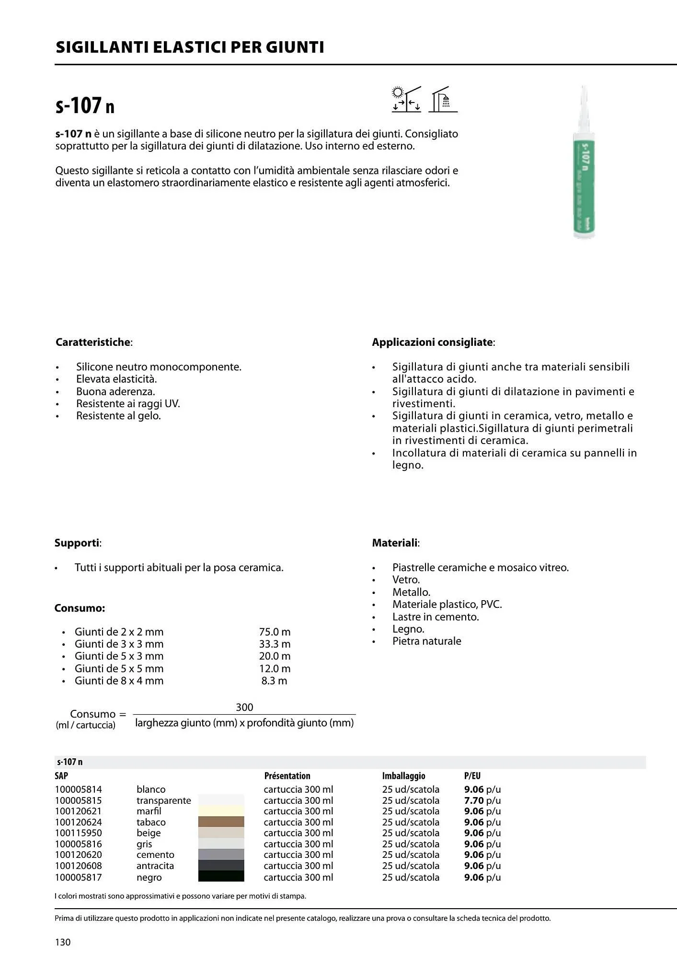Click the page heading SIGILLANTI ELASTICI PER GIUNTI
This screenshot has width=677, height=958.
(190, 47)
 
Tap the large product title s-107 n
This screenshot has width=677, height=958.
(85, 106)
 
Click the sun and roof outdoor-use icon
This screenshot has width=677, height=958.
(406, 99)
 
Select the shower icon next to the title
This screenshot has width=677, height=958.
(443, 100)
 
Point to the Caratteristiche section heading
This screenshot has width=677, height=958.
(93, 342)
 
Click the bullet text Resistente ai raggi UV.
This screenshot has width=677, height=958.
(128, 403)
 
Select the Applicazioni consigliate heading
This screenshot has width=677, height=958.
(433, 342)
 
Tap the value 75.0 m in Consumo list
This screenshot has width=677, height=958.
(275, 632)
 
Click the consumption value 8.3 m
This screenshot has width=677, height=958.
(274, 681)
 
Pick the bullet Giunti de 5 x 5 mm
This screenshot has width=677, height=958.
(119, 668)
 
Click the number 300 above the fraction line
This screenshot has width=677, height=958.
(244, 707)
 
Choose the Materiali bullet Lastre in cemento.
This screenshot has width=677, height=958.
(436, 616)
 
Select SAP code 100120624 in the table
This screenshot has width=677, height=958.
(78, 822)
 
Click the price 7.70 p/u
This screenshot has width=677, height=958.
(482, 800)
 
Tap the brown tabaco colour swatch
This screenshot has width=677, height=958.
(221, 821)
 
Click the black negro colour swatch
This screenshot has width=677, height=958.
(221, 876)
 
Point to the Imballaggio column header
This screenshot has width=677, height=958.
(403, 776)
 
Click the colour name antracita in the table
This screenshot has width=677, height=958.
(155, 866)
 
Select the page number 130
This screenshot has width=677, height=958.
(63, 942)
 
